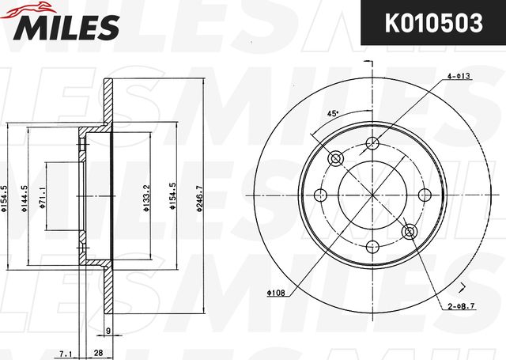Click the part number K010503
click(x=432, y=24)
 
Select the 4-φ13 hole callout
click(x=459, y=76)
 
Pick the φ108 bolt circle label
click(x=276, y=294)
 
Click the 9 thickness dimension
click(x=108, y=331)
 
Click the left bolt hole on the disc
click(x=321, y=195)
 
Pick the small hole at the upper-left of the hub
click(x=336, y=159)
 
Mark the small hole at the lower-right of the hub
click(x=410, y=232)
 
